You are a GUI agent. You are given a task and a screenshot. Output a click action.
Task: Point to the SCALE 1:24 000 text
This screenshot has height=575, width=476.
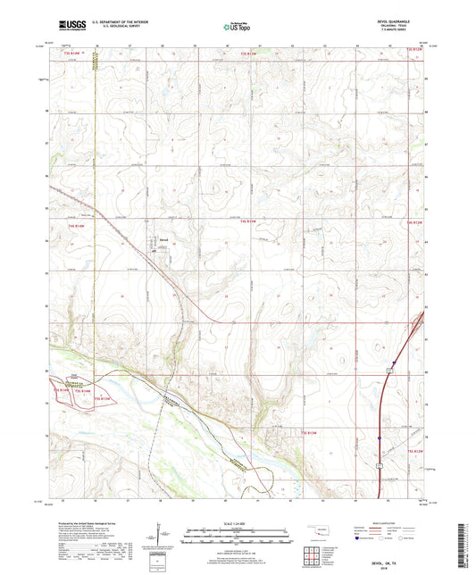(x=237, y=523)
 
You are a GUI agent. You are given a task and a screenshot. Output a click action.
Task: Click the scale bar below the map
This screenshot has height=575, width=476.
(x=237, y=538)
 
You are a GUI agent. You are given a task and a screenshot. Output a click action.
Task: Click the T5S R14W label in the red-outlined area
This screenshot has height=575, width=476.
(x=64, y=390)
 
